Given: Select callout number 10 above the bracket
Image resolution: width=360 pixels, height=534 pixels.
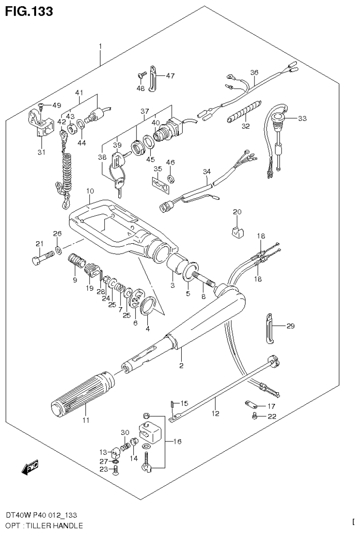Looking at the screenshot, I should (90, 191).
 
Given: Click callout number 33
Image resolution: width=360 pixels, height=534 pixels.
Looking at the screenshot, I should (302, 118).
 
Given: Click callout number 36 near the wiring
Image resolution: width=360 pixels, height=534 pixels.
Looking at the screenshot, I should (254, 72).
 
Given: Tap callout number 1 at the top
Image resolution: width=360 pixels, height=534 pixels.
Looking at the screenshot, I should (100, 46).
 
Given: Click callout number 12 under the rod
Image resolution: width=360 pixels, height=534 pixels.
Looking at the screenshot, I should (215, 413).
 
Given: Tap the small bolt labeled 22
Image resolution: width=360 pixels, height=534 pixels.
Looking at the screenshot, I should (254, 416).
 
